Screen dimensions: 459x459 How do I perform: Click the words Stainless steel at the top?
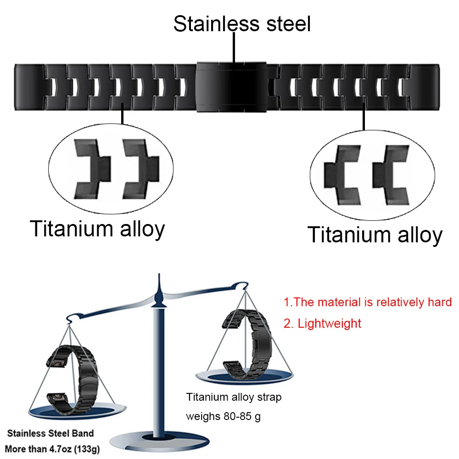tap(242, 24)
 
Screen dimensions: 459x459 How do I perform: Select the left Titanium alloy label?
tap(97, 228)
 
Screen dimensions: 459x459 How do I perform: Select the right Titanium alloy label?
tap(375, 234)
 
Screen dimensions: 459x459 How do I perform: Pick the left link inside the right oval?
tap(342, 174)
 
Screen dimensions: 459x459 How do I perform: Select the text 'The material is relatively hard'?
tap(368, 302)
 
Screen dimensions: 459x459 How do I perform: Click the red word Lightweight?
tap(329, 323)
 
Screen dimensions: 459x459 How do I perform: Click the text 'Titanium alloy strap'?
tap(234, 397)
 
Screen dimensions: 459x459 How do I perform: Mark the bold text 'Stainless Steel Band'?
tap(50, 433)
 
